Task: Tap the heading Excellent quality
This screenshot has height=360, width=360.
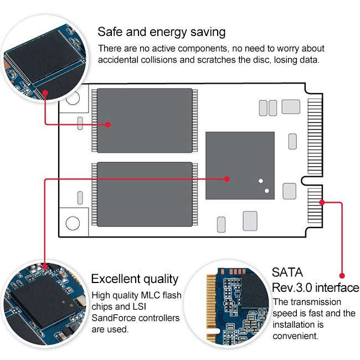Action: tap(135, 279)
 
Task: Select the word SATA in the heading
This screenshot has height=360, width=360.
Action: tap(288, 272)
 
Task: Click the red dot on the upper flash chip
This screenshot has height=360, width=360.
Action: tap(108, 125)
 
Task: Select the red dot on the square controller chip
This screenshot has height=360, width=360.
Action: tap(227, 179)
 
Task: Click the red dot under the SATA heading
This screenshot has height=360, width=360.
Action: tap(342, 275)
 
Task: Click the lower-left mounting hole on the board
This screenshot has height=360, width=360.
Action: tap(73, 223)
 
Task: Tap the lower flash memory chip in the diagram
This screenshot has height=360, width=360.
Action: tap(145, 194)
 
